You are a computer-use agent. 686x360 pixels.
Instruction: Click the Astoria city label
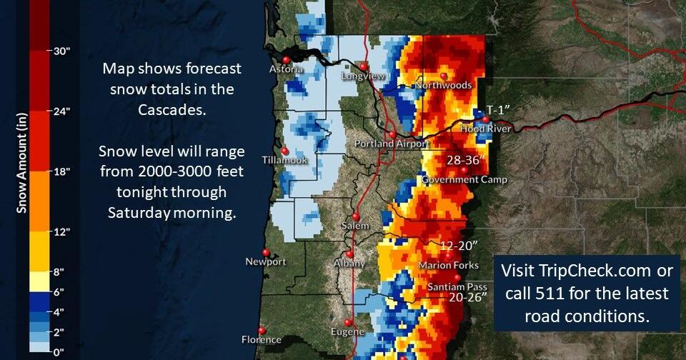pyautogui.click(x=287, y=70)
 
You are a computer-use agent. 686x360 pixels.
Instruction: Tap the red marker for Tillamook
pyautogui.click(x=285, y=151)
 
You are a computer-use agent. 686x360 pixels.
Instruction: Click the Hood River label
pyautogui.click(x=486, y=129)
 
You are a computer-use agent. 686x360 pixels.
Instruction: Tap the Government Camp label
pyautogui.click(x=464, y=180)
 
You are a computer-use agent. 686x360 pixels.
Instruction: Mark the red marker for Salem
pyautogui.click(x=355, y=216)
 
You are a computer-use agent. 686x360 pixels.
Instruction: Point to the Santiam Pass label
pyautogui.click(x=457, y=287)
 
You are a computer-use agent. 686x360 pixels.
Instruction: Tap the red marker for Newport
pyautogui.click(x=266, y=252)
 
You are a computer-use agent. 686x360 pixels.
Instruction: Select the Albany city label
pyautogui.click(x=349, y=264)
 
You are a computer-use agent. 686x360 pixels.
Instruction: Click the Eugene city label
pyautogui.click(x=349, y=332)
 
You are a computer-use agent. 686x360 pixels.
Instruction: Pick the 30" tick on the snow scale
pyautogui.click(x=60, y=51)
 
